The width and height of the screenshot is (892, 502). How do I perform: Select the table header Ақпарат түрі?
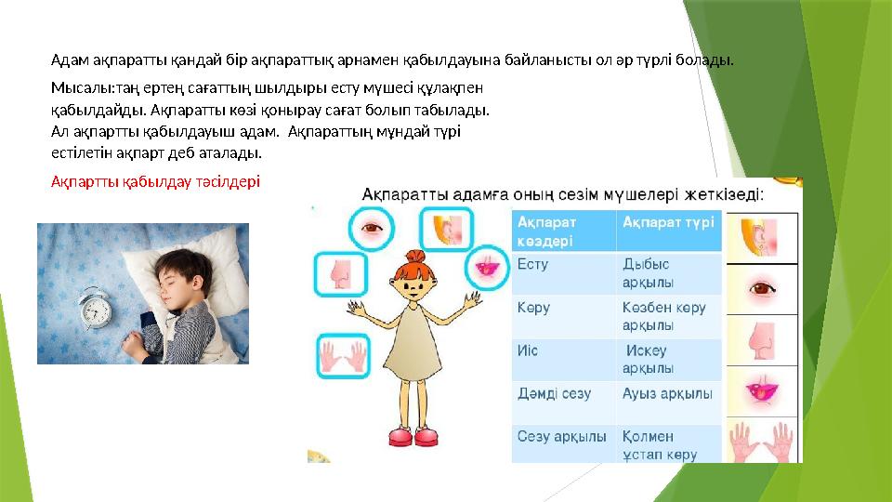[x=668, y=222]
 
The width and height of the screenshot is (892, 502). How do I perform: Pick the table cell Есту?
[x=533, y=264]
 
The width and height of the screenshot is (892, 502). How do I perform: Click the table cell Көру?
[x=533, y=307]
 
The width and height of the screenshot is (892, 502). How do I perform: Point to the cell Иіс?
[x=529, y=350]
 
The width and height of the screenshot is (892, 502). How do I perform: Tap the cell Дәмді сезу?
[x=554, y=394]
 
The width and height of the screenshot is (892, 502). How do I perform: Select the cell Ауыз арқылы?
[x=667, y=394]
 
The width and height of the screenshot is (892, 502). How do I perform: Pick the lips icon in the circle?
[x=483, y=266]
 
